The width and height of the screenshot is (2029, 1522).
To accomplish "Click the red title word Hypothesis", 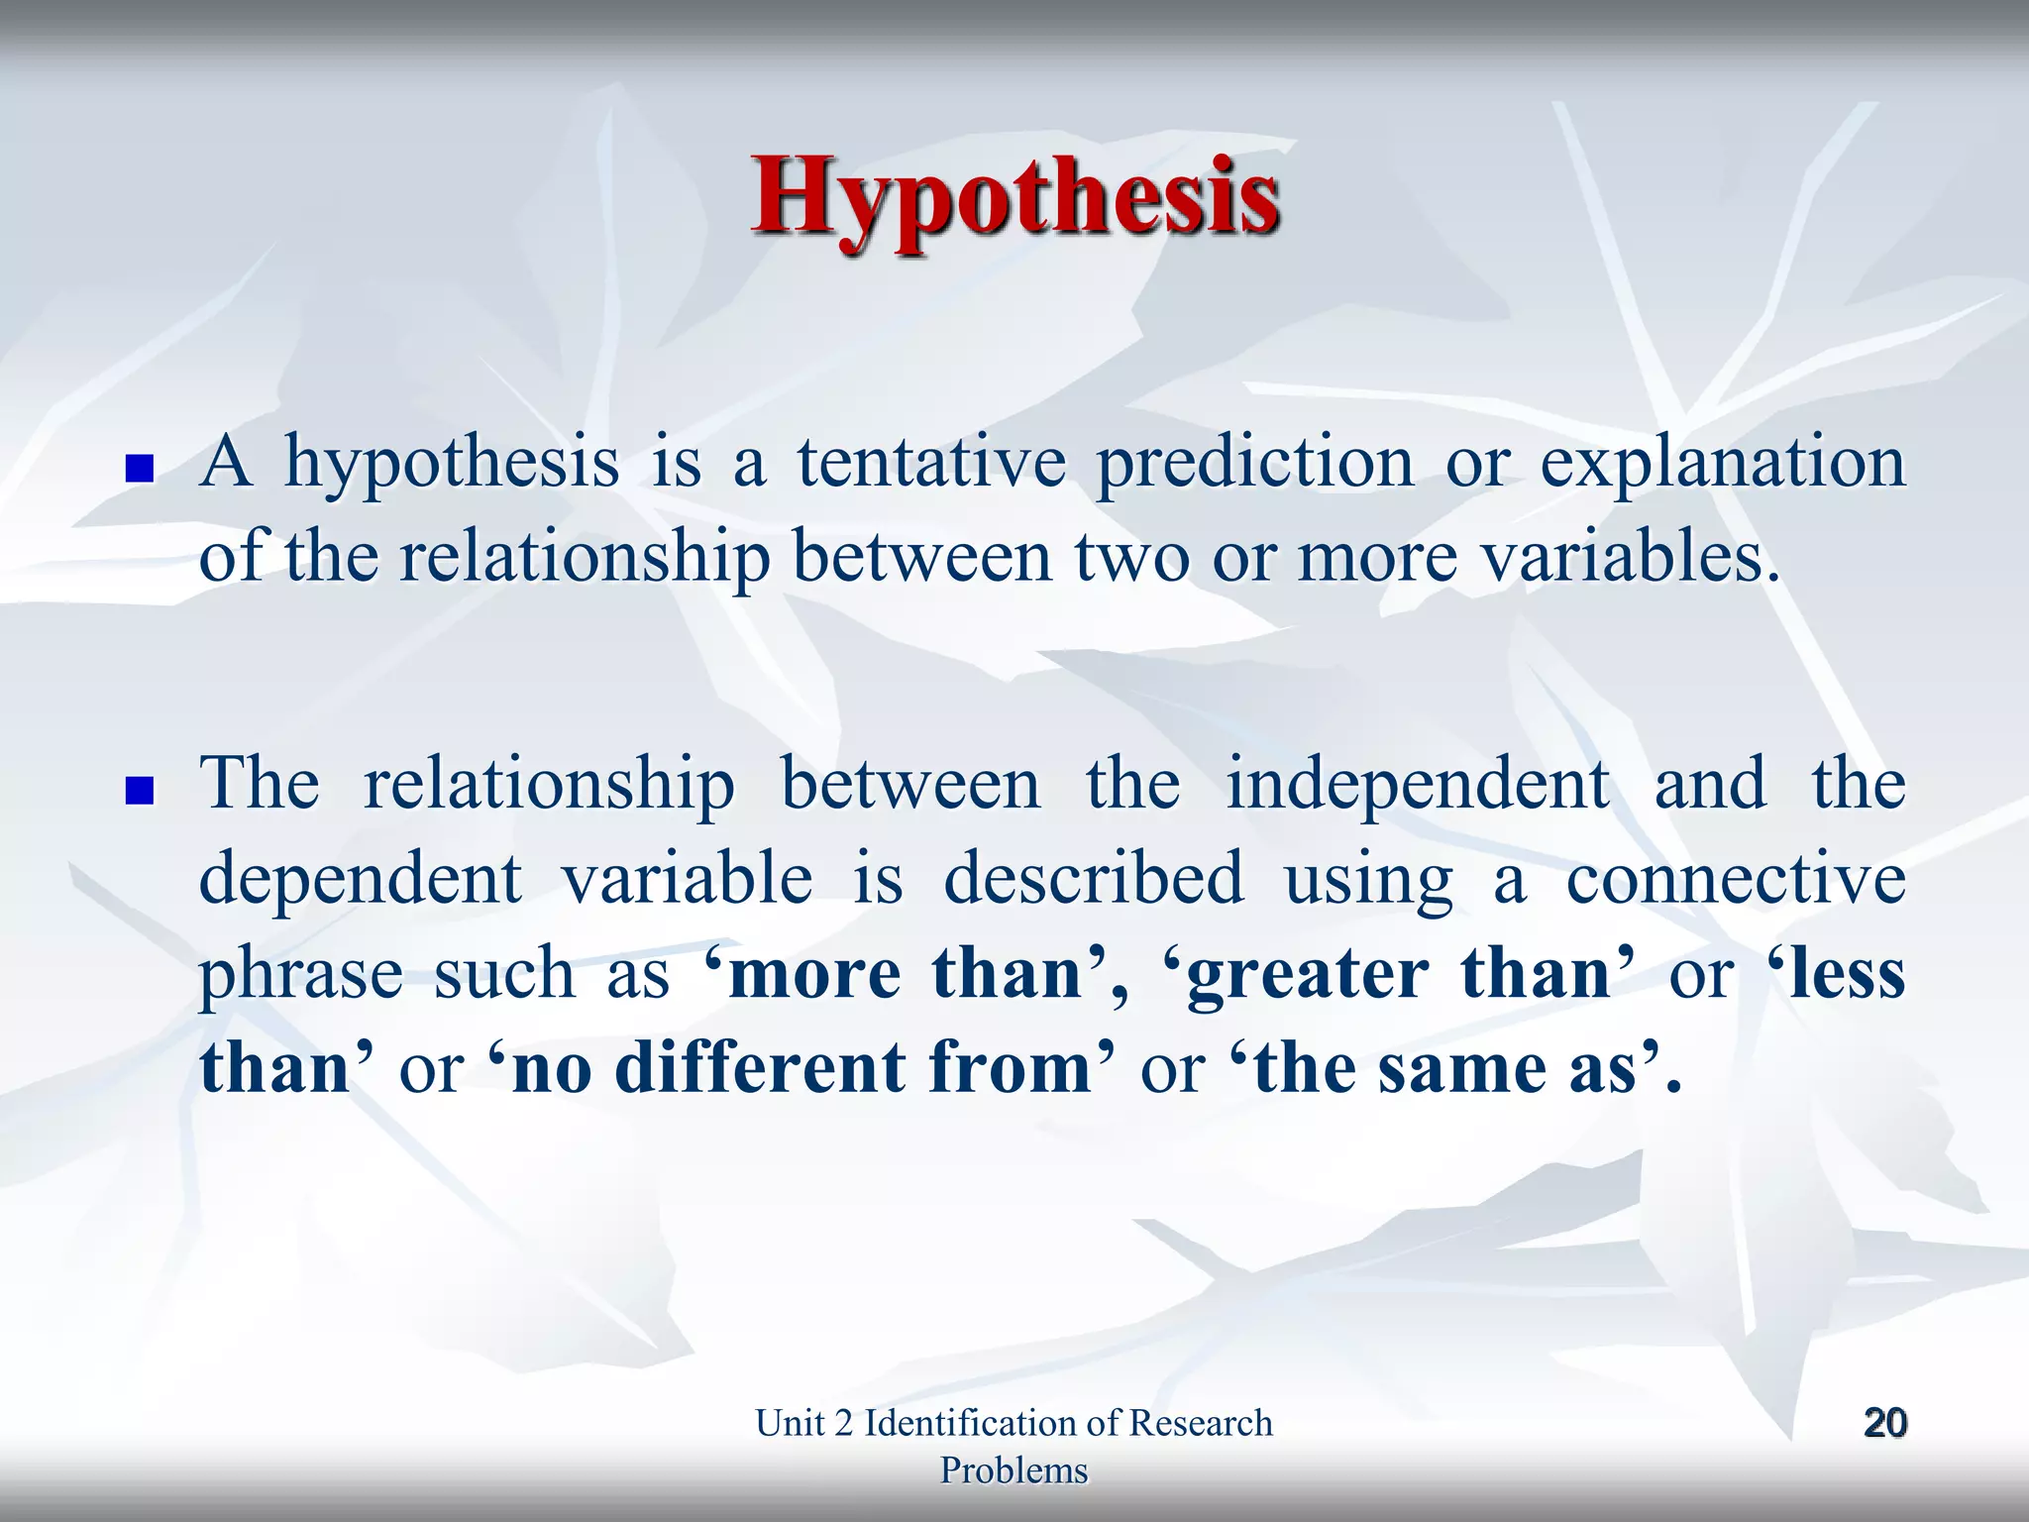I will pyautogui.click(x=1014, y=198).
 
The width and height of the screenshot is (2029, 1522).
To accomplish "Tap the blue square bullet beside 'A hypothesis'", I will pyautogui.click(x=141, y=468).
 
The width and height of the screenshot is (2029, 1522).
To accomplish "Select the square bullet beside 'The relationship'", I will pyautogui.click(x=141, y=790).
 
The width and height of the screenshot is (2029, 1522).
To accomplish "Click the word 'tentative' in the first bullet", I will pyautogui.click(x=932, y=464).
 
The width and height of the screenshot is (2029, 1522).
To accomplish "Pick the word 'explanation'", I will pyautogui.click(x=1722, y=464).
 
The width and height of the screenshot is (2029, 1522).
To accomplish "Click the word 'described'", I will pyautogui.click(x=1093, y=879).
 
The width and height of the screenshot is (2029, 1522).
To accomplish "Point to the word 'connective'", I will pyautogui.click(x=1735, y=879).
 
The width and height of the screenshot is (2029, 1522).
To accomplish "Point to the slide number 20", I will pyautogui.click(x=1884, y=1423).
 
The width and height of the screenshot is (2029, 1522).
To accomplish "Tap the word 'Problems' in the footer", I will pyautogui.click(x=1014, y=1470).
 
